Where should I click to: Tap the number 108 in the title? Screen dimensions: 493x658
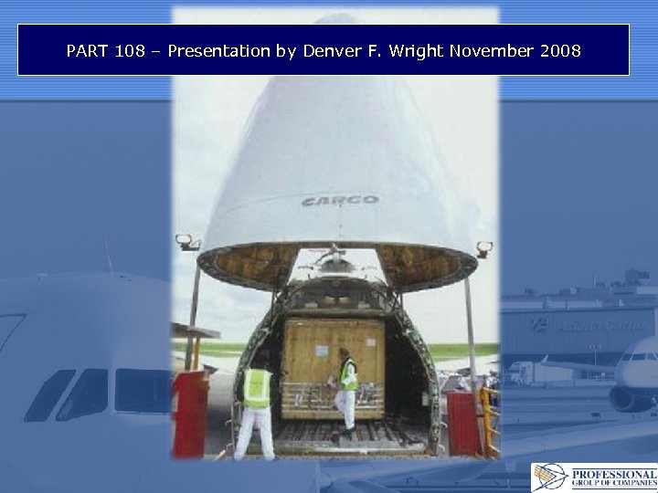pyautogui.click(x=130, y=51)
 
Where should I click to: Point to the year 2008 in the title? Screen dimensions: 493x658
pyautogui.click(x=559, y=51)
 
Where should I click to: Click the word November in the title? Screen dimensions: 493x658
pyautogui.click(x=491, y=51)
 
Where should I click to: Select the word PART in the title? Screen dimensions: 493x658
pyautogui.click(x=88, y=51)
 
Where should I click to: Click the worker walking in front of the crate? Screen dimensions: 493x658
pyautogui.click(x=346, y=388)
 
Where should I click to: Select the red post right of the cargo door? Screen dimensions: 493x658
pyautogui.click(x=462, y=422)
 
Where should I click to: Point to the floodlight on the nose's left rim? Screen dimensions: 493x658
pyautogui.click(x=187, y=242)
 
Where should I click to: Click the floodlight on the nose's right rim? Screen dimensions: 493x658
pyautogui.click(x=483, y=247)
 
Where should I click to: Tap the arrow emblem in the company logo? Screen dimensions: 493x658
pyautogui.click(x=550, y=477)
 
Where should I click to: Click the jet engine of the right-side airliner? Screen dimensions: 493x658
pyautogui.click(x=631, y=399)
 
